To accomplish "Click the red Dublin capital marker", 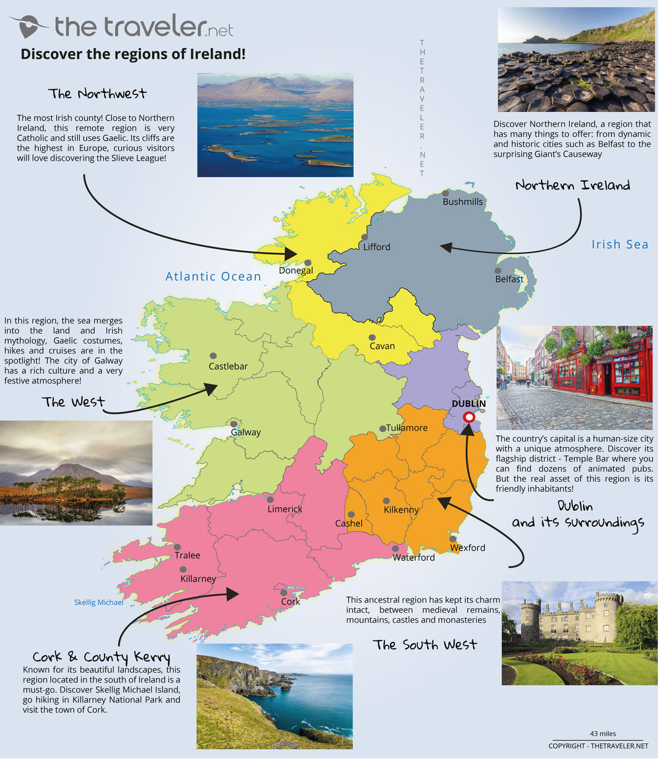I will click(469, 417).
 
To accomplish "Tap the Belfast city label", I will click(509, 279).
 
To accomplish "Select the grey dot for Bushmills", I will click(445, 193).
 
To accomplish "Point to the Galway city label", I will click(245, 433).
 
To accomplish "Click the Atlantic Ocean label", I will click(213, 276).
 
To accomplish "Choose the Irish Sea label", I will click(619, 244).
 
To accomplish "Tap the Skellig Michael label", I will click(99, 602).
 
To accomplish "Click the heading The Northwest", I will click(97, 93).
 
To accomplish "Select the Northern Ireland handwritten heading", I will click(572, 185).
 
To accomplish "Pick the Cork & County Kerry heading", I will click(101, 657).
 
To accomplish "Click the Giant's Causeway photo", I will click(576, 60).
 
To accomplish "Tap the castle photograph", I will click(579, 633).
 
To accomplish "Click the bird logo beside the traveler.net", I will click(28, 26).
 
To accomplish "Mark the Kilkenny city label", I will click(401, 510).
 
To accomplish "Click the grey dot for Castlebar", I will click(213, 355).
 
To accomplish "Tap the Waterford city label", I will click(413, 558).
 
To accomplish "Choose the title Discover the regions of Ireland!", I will click(134, 54).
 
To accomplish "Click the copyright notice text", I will click(598, 746).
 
